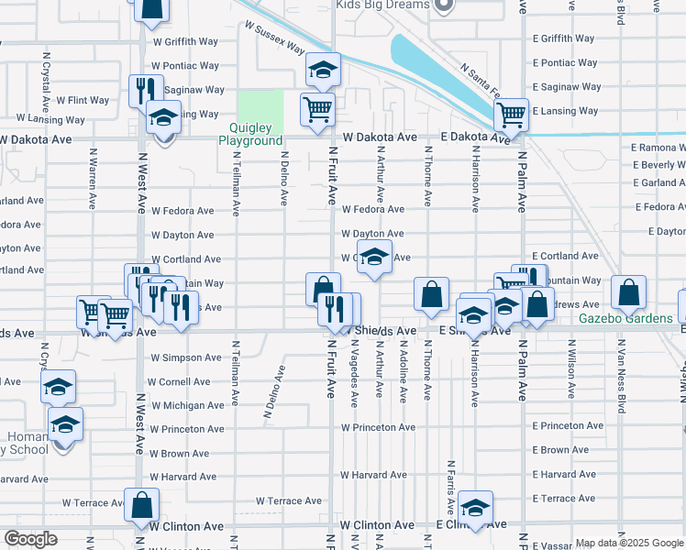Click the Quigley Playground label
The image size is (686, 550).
coord(250,135)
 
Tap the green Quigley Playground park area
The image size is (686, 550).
coord(260,107)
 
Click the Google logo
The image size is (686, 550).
coord(30,539)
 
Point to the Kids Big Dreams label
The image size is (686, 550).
coord(383,5)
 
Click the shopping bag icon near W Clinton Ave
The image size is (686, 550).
coord(142,505)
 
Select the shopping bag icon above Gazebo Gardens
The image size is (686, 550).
coord(630,293)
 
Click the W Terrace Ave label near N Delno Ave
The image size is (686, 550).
coord(289,501)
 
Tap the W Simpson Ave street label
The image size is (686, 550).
coord(186,357)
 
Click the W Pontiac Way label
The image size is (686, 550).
coord(185,66)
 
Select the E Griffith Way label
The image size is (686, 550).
coord(564,39)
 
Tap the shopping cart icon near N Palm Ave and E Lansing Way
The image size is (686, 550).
coord(511,115)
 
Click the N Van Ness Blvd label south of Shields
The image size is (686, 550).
coord(621,377)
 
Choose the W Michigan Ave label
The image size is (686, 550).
coord(187,405)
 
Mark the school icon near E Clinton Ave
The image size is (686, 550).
coord(476,507)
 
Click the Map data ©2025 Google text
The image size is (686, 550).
coord(628,543)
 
